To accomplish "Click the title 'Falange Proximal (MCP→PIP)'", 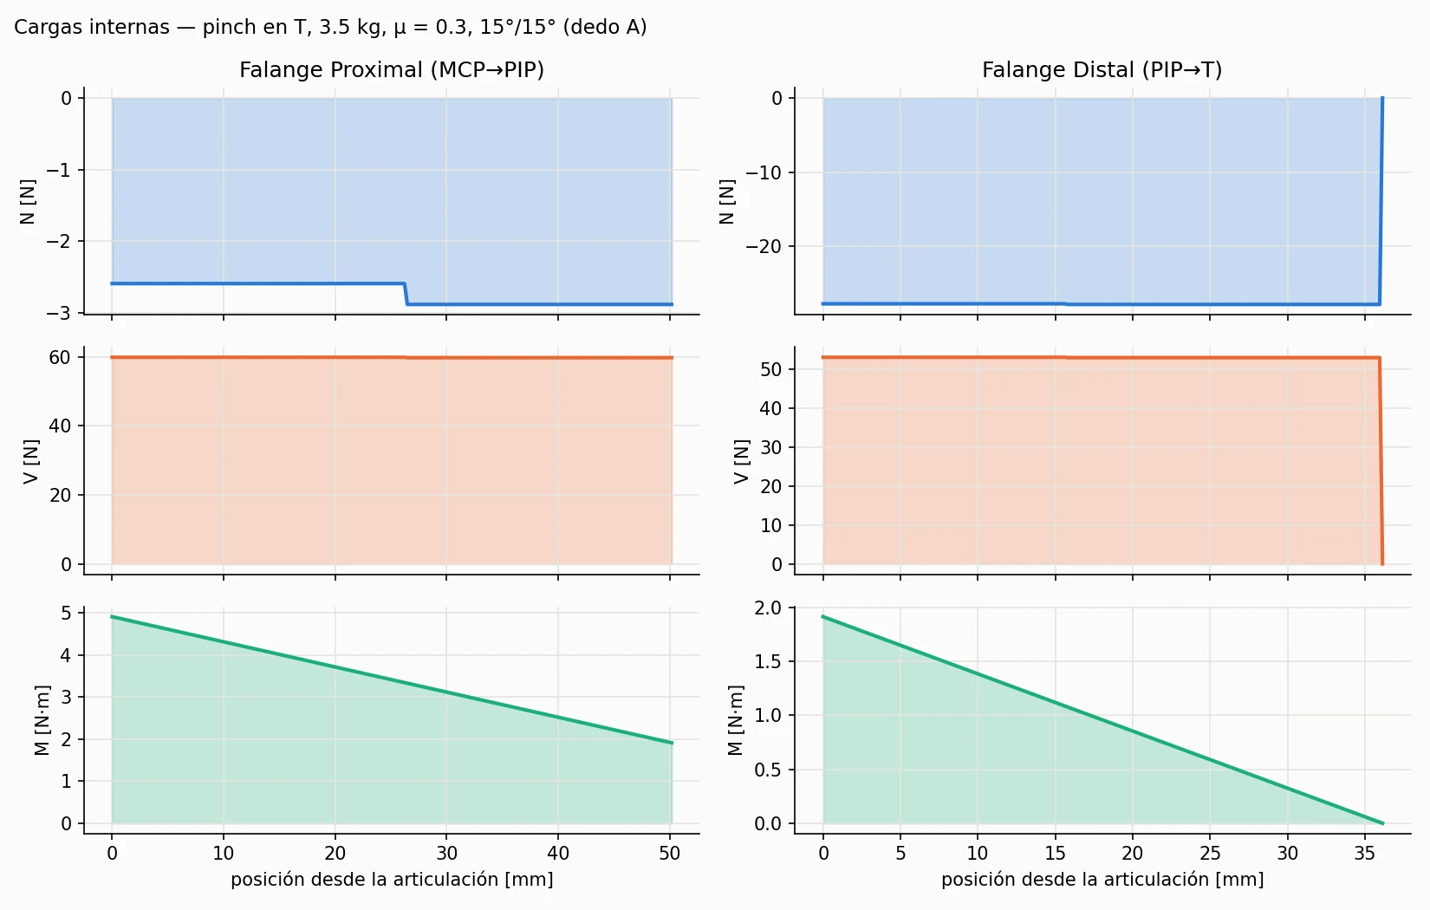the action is [392, 69].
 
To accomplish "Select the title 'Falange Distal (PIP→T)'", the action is [1102, 69].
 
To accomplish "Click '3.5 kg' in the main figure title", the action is [349, 27].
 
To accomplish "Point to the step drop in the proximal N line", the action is [406, 294].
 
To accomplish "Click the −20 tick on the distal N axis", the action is [764, 246].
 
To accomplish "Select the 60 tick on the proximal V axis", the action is [60, 357].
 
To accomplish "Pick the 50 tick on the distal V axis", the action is [771, 369].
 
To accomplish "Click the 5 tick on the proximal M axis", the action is [66, 613].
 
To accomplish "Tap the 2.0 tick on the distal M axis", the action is [768, 608].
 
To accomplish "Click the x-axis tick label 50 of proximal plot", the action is [670, 853].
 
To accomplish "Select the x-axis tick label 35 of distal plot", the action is [1365, 853].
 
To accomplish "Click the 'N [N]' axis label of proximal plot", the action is [28, 201].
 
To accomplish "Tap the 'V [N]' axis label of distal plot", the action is [740, 461].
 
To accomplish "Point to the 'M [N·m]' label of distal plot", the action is [736, 720].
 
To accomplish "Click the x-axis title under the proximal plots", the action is [392, 880].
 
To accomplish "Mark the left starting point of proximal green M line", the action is [112, 616].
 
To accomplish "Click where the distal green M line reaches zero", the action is [1382, 823].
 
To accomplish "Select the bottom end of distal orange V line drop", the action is [1382, 564].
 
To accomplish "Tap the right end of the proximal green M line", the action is [672, 743].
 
